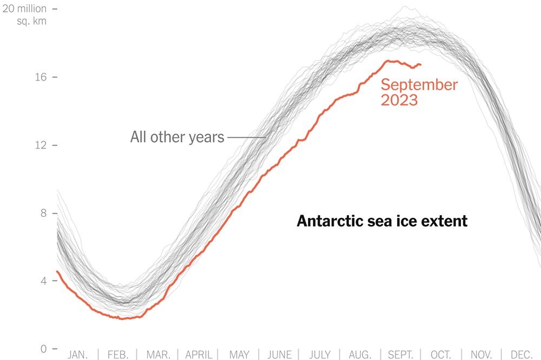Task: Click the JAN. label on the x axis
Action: click(x=77, y=355)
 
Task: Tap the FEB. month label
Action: click(x=117, y=355)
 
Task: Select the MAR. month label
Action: click(x=158, y=355)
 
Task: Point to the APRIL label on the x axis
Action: click(x=199, y=355)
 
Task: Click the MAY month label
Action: click(x=239, y=355)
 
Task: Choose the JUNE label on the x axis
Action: click(x=280, y=355)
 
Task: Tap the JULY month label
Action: click(x=320, y=355)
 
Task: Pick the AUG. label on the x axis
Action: click(x=360, y=355)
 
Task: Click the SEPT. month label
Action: click(x=401, y=355)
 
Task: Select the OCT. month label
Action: click(x=441, y=355)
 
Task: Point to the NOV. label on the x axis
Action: click(x=481, y=355)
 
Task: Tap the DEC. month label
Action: click(x=522, y=355)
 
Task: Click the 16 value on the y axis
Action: click(x=42, y=77)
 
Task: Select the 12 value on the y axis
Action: click(x=42, y=145)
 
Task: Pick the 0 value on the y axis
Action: click(x=45, y=349)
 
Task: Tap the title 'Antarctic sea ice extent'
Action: click(x=382, y=221)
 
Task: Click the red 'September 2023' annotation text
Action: click(x=419, y=92)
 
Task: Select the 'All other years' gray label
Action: click(x=177, y=137)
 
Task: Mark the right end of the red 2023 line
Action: click(x=421, y=65)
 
